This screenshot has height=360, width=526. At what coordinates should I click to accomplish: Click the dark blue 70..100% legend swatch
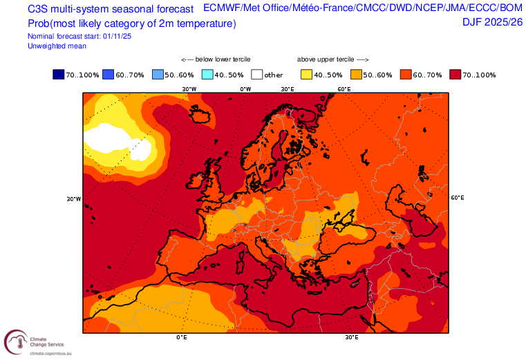tap(58, 75)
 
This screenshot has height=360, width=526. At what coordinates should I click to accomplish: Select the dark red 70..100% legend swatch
tap(455, 75)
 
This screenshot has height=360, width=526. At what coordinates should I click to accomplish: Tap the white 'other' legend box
tap(257, 75)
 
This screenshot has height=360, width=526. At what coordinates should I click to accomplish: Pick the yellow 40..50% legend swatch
tap(306, 75)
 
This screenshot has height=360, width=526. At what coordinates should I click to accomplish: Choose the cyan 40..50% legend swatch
tap(207, 75)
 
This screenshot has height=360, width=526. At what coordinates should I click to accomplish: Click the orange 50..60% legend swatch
tap(356, 75)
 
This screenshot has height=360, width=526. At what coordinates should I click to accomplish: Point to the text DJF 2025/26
tap(492, 22)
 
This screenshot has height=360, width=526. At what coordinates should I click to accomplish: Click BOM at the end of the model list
tap(510, 8)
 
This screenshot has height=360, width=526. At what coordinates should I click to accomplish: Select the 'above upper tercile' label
tap(332, 59)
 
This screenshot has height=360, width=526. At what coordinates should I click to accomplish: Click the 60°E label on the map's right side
tap(458, 198)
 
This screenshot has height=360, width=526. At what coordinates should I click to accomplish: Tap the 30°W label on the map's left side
tap(73, 199)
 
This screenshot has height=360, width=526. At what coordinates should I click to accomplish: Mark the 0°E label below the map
tap(182, 337)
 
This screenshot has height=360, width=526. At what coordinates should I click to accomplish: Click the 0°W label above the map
tap(245, 89)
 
